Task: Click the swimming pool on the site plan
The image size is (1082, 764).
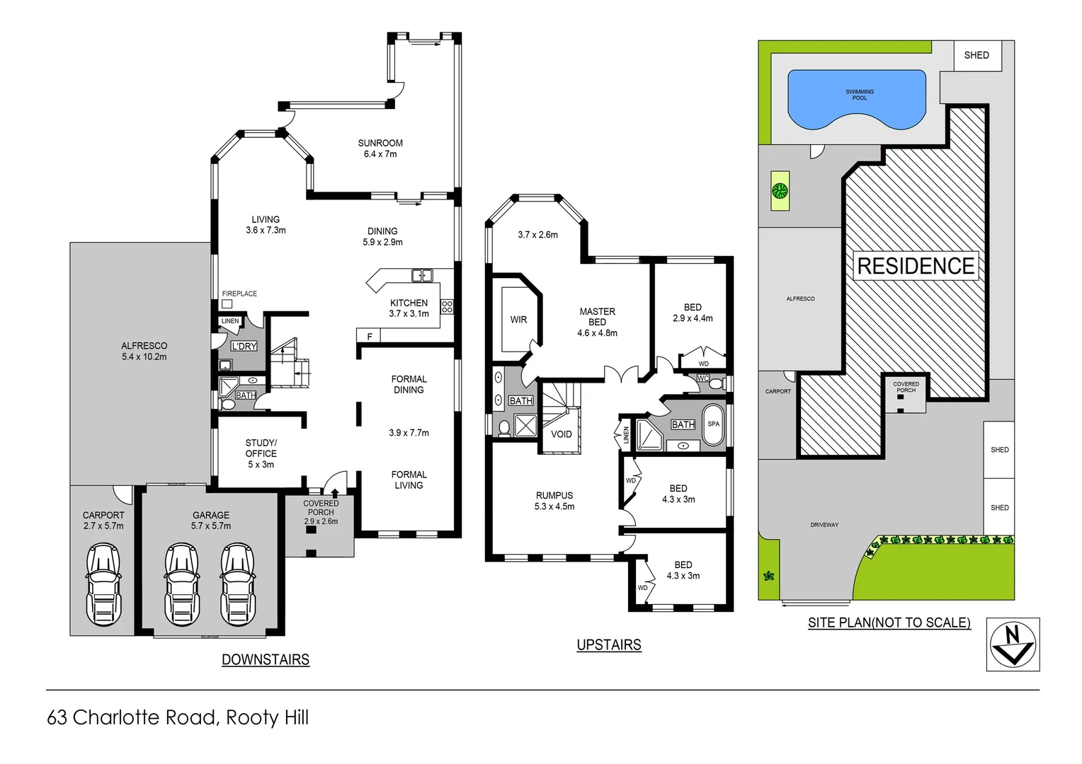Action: click(x=857, y=99)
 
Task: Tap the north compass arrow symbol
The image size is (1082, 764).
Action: click(x=1013, y=644)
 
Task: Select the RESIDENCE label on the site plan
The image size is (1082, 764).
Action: click(x=916, y=266)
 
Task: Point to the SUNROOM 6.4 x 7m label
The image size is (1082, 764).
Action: click(x=380, y=149)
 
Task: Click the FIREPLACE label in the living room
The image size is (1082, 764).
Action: click(x=239, y=294)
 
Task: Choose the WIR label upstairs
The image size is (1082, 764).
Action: click(x=518, y=320)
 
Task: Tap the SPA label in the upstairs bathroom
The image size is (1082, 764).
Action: click(x=713, y=424)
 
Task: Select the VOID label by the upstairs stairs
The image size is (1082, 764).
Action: click(x=562, y=434)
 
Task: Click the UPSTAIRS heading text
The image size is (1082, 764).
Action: click(x=609, y=645)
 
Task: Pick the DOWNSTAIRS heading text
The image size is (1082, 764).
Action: click(x=266, y=660)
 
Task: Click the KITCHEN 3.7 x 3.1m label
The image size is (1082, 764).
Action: click(x=409, y=308)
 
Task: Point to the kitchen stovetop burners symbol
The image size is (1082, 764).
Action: click(x=447, y=306)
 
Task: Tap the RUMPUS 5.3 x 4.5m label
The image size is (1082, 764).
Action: click(x=554, y=501)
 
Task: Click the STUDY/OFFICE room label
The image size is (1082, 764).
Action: click(x=261, y=453)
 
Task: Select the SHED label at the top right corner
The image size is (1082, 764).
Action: click(x=976, y=55)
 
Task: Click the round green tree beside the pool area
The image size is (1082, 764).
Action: click(x=780, y=190)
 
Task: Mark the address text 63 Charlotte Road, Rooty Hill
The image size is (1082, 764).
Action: click(x=178, y=717)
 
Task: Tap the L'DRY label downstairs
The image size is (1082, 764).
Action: click(x=244, y=346)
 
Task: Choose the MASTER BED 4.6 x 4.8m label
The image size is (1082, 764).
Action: click(x=597, y=322)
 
